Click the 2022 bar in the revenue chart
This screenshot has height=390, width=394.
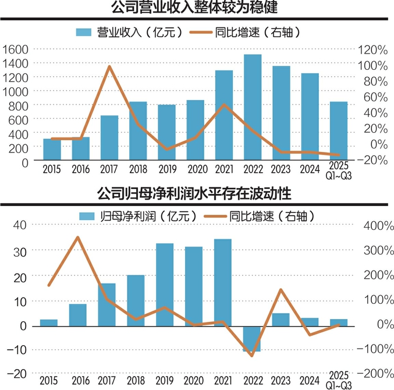coord(252,108)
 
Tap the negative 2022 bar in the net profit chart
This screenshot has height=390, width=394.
coord(252,339)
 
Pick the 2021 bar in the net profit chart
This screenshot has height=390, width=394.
coord(223,282)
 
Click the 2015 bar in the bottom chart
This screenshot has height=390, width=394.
coord(49,322)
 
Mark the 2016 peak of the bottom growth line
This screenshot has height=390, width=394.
coord(78,237)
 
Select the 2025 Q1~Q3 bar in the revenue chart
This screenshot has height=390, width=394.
coord(339,132)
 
